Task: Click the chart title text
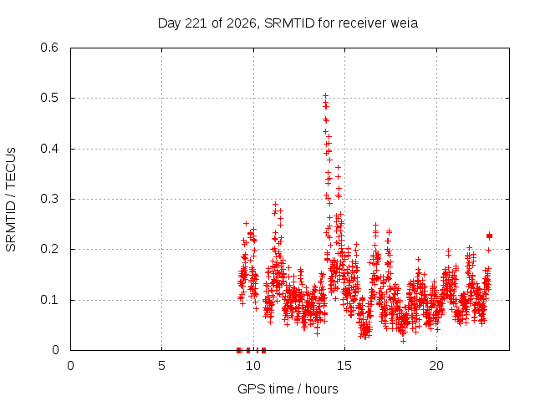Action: [x=288, y=23]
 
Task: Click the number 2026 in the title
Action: [x=242, y=23]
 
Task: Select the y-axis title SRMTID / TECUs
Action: [x=11, y=200]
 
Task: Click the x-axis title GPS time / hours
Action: [x=288, y=388]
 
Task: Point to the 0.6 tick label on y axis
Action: [x=49, y=48]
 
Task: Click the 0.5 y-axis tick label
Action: [x=49, y=98]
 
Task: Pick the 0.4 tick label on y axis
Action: [x=49, y=149]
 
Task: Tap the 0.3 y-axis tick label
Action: [x=49, y=199]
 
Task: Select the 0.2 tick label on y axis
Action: [x=49, y=249]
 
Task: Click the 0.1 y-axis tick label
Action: [x=49, y=300]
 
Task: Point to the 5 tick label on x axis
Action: [x=161, y=366]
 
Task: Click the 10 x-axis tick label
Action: [x=253, y=366]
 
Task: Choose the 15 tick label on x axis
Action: [x=344, y=366]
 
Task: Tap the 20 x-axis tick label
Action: [x=436, y=366]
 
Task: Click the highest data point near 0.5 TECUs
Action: [x=325, y=95]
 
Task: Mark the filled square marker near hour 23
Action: [x=490, y=236]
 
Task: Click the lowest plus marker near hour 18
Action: [x=403, y=341]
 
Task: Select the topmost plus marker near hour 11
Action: [x=275, y=204]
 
